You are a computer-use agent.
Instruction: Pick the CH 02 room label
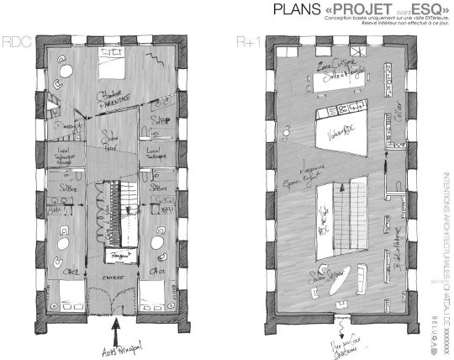pos(71,273)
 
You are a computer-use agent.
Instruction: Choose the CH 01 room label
pos(158,273)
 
